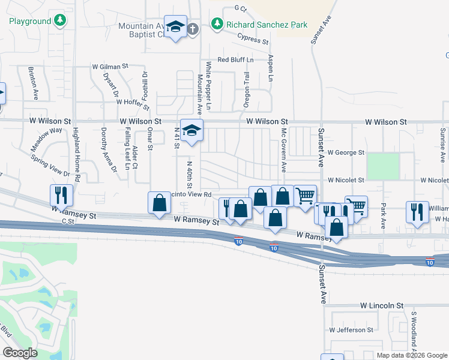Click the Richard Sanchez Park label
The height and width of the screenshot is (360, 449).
(267, 25)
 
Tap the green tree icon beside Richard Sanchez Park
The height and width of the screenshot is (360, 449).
(217, 25)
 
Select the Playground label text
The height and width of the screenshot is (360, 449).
(30, 21)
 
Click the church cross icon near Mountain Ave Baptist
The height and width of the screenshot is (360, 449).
(192, 29)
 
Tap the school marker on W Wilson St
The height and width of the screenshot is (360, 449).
(191, 130)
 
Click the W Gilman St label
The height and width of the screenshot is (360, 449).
(110, 67)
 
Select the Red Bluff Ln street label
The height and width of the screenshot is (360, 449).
(235, 60)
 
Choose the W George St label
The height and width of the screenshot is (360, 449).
(346, 153)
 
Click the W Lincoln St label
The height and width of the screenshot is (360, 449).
(382, 306)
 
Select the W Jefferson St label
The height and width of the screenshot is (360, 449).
(351, 330)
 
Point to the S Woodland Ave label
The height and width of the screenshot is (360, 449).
(414, 330)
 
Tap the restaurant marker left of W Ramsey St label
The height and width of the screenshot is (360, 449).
(61, 194)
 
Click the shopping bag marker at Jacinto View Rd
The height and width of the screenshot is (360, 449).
(159, 202)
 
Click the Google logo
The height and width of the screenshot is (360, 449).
(20, 353)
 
